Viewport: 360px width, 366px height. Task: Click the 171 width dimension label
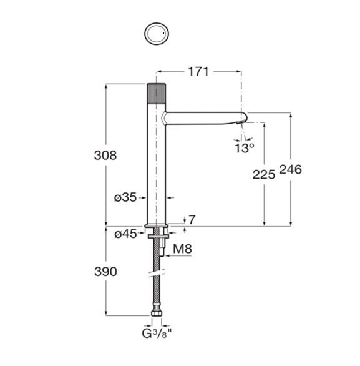pos(198,72)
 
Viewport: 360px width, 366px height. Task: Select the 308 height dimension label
pos(105,156)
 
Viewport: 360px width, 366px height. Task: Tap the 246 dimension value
pos(290,169)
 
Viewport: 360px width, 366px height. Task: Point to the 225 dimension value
pos(264,175)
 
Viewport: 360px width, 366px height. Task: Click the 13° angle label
pos(244,148)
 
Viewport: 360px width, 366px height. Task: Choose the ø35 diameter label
pos(125,198)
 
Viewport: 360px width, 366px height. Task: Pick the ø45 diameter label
pos(125,234)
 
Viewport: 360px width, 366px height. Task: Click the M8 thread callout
pos(182,249)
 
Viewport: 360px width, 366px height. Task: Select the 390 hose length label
pos(105,272)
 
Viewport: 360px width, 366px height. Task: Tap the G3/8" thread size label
pos(157,334)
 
